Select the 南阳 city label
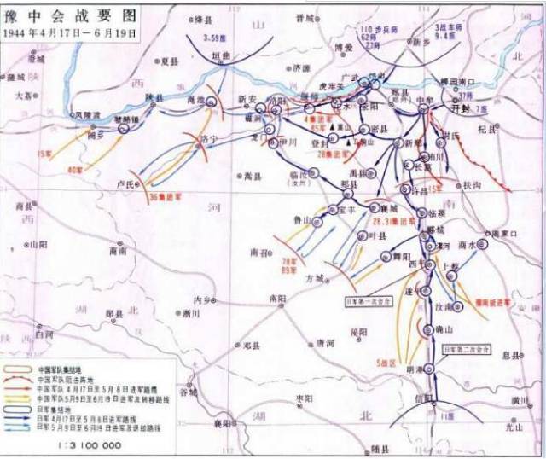277,299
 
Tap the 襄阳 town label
223,424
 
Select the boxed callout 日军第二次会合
467,349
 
